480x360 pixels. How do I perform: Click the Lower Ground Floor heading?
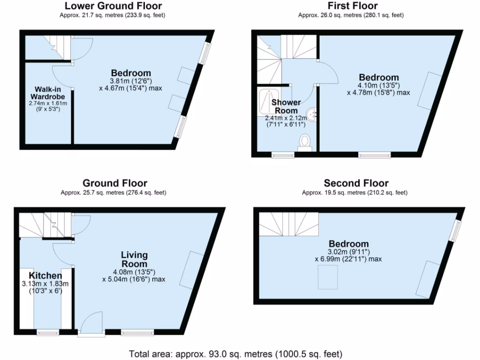click(113, 6)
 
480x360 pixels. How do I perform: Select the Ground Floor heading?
click(115, 183)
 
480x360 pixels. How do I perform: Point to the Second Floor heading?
click(356, 183)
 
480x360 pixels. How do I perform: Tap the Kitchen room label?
click(45, 276)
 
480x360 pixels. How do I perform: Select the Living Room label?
click(135, 260)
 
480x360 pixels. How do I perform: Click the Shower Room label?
click(286, 106)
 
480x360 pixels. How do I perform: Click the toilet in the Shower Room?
click(306, 142)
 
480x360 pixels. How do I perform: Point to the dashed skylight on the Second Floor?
click(328, 277)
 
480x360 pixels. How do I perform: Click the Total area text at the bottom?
click(235, 353)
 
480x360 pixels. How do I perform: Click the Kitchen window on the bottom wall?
click(48, 333)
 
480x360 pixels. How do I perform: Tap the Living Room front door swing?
click(91, 322)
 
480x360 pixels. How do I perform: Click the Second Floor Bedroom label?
click(349, 244)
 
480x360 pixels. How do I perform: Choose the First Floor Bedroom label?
click(379, 77)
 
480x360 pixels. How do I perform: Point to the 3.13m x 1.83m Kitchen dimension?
click(45, 284)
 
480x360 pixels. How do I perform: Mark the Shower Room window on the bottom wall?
click(283, 155)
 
